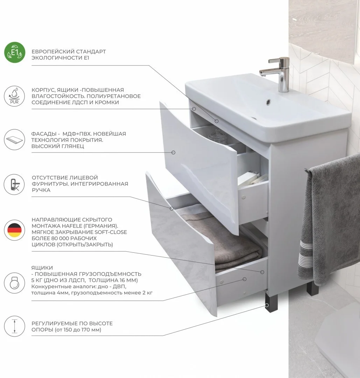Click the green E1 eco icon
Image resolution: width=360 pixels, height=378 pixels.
[15, 52]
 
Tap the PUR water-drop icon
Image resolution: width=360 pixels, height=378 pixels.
[14, 96]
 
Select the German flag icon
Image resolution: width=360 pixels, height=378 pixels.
[14, 230]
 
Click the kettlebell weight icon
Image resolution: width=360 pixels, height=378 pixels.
[14, 283]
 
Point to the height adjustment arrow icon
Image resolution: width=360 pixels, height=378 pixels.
[14, 326]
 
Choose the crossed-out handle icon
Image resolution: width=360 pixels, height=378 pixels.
[14, 184]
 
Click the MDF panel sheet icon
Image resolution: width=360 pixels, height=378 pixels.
[14, 140]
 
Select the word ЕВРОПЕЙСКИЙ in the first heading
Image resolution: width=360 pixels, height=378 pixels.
[53, 51]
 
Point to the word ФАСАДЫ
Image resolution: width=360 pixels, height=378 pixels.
[44, 134]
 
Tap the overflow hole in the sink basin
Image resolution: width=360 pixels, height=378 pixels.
[268, 102]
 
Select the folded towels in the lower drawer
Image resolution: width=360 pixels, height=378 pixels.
[220, 241]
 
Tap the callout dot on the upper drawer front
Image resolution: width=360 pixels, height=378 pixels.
[173, 153]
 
